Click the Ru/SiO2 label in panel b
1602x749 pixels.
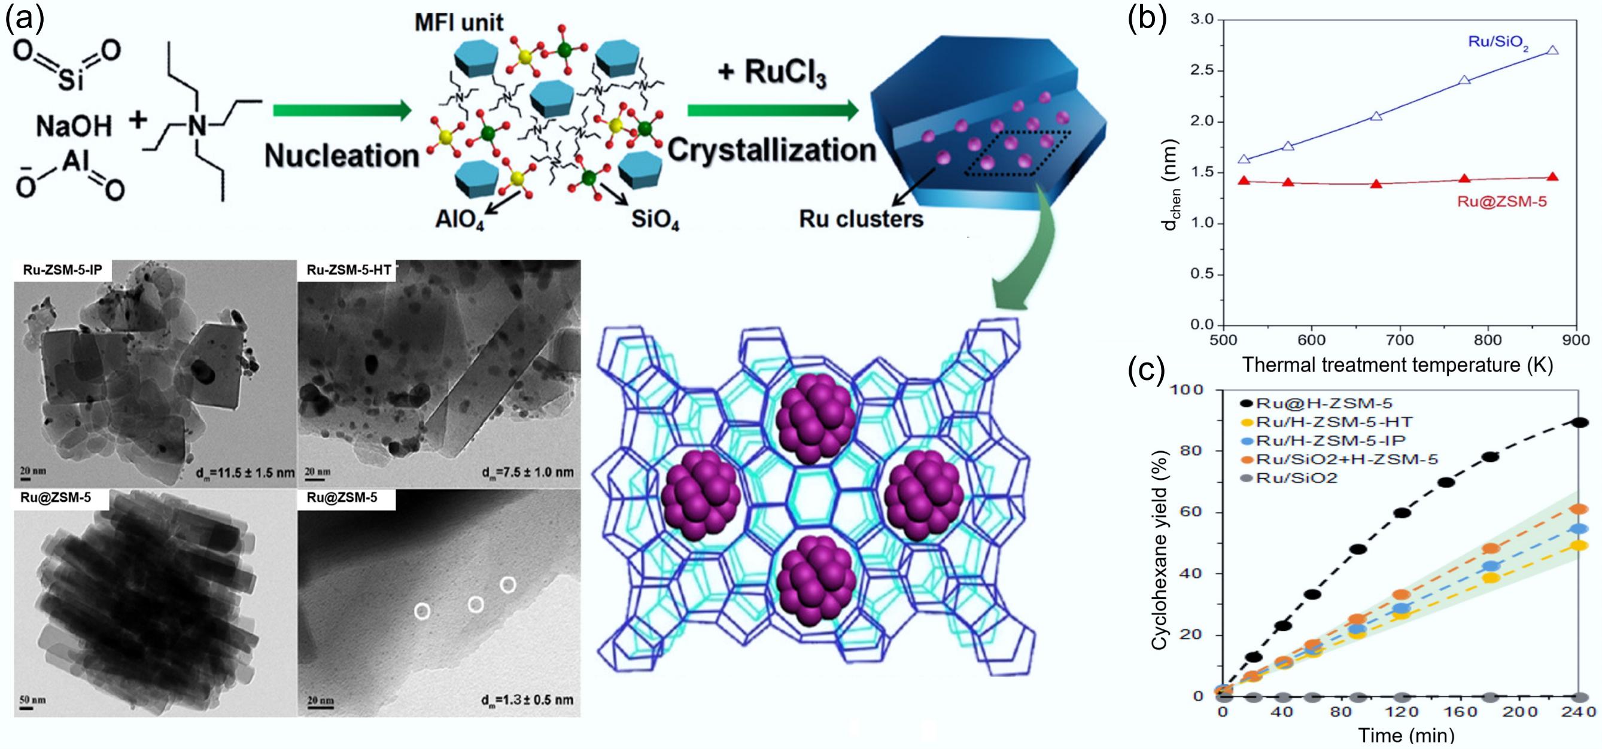(1497, 43)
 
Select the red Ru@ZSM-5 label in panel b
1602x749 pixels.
(1501, 202)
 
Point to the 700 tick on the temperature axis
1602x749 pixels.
(1399, 340)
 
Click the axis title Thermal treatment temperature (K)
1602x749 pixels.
(1397, 365)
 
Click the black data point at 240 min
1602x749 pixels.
(1580, 423)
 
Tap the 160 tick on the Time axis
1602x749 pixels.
(1460, 712)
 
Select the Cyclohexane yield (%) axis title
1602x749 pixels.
(1159, 550)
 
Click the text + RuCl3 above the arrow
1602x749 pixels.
(772, 73)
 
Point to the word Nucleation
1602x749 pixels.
(342, 156)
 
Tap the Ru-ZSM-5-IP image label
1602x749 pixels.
(62, 270)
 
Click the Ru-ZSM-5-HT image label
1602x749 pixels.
(348, 270)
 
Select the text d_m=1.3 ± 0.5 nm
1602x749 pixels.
(527, 700)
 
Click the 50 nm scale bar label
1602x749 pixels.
(33, 700)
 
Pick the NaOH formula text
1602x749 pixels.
(74, 127)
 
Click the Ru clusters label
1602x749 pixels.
(861, 219)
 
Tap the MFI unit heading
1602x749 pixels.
(459, 23)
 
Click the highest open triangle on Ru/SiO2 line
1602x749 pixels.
(1552, 50)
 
